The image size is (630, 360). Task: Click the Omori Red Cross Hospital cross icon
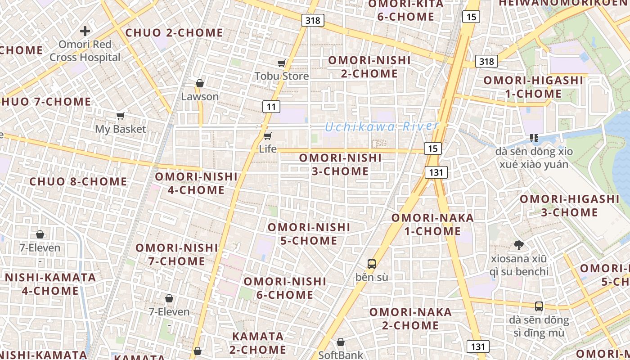point(85,31)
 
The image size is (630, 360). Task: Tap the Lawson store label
point(200,96)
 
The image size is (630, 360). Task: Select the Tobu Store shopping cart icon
point(282,63)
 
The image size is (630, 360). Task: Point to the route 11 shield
point(271,107)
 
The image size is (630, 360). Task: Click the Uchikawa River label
point(382,126)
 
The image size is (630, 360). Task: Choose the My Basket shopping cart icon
point(120,116)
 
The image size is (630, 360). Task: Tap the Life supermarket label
point(268,148)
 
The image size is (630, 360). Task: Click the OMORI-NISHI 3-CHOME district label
point(340,165)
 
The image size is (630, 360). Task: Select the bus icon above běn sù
point(372,264)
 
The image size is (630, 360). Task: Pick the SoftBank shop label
point(341,355)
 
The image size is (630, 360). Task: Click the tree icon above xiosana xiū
point(519,245)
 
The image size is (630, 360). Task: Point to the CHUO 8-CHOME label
point(78,182)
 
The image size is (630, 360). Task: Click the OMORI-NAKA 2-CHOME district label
point(410,319)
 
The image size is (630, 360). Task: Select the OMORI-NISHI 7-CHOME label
point(177,254)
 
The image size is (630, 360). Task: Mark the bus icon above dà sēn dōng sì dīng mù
point(539,306)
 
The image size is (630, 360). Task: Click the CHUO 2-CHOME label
point(174,33)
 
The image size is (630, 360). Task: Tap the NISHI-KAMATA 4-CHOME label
point(50,284)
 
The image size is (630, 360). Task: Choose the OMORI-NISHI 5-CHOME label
point(309,234)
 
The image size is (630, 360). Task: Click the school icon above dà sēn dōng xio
point(534,138)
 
